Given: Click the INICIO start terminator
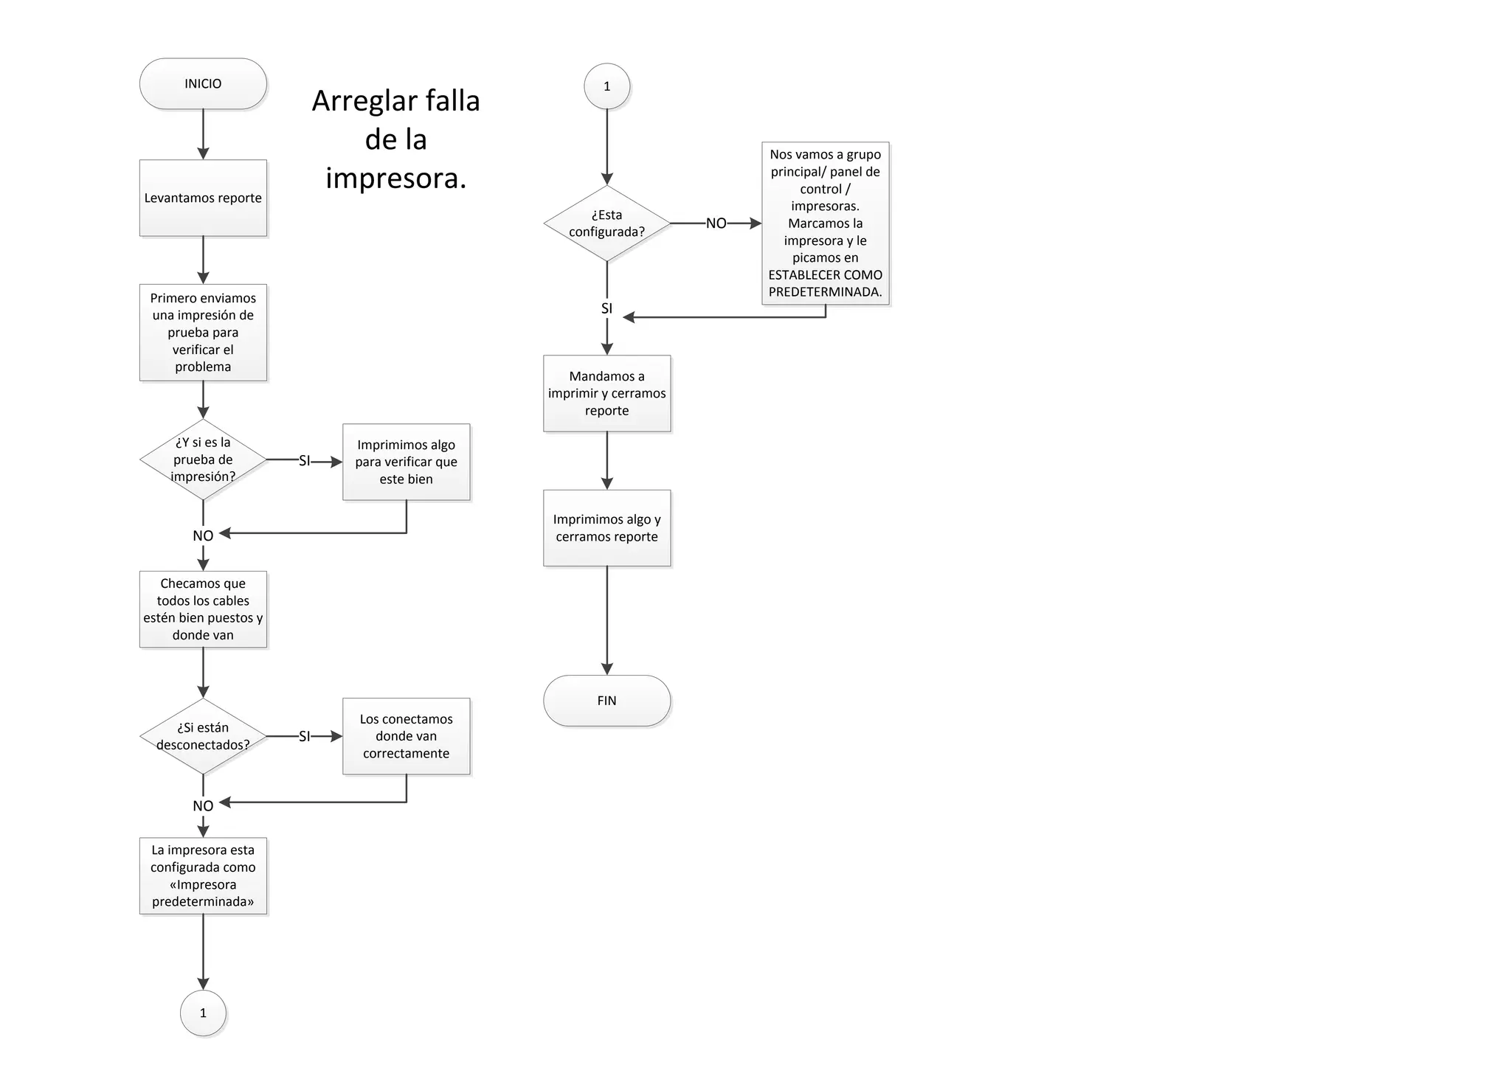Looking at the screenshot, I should point(203,84).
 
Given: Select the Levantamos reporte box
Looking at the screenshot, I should point(203,198).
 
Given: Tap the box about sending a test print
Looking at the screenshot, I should point(203,332).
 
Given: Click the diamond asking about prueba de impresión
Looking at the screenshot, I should point(203,460).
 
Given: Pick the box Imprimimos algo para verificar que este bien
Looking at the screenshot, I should point(406,462).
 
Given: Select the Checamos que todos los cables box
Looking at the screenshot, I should point(203,609).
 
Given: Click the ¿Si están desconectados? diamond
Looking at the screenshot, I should point(203,736).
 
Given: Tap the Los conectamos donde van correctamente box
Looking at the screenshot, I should point(406,736).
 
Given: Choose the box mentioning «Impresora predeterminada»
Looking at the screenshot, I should point(203,875).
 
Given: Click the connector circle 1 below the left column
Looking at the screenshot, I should point(203,1013).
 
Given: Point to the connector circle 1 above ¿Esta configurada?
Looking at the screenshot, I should point(606,86).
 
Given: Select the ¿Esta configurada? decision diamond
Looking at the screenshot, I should point(606,223).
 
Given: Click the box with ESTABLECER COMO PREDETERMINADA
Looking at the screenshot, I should point(825,223).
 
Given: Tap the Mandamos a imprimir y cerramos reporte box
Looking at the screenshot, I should point(606,393).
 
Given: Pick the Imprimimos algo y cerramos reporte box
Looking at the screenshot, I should point(606,528).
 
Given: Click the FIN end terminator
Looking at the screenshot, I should point(606,701).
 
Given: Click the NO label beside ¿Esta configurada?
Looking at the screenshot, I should point(716,223).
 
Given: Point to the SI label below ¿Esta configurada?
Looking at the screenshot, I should point(606,308).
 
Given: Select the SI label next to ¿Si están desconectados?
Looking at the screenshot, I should point(304,736).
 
